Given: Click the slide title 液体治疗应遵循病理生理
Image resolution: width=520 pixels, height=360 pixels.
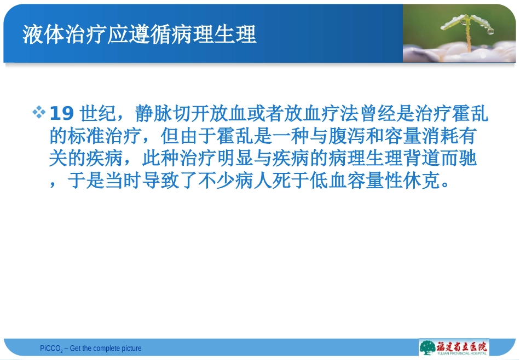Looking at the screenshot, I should (139, 34).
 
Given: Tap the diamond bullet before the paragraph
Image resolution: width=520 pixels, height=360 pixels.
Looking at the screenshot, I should (39, 113).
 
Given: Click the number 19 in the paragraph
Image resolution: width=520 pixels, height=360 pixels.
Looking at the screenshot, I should (61, 114).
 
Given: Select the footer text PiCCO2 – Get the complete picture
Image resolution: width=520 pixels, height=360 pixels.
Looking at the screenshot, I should (90, 349).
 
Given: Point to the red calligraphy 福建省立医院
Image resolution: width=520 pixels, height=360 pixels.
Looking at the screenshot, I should (461, 345).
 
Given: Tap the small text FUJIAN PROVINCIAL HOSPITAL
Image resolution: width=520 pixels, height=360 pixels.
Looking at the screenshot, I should (461, 353).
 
